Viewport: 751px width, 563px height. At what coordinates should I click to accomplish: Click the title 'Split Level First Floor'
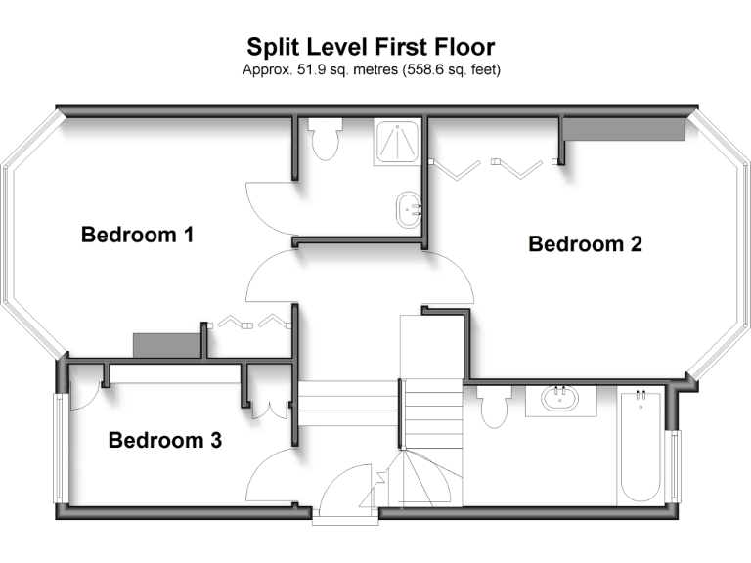point(371,47)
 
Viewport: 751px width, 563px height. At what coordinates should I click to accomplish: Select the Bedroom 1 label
point(137,235)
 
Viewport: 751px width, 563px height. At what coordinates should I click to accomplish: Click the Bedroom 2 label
point(585,244)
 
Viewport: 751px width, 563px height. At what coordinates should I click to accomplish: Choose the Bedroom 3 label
point(164,440)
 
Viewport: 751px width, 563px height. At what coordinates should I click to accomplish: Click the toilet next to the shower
point(324,140)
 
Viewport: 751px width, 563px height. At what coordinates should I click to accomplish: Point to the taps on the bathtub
point(641,396)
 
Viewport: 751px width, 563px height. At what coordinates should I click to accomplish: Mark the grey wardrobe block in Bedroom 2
point(623,130)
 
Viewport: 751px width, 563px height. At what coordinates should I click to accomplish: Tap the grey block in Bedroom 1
point(165,345)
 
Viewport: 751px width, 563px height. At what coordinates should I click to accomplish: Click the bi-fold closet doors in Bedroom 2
point(486,167)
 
